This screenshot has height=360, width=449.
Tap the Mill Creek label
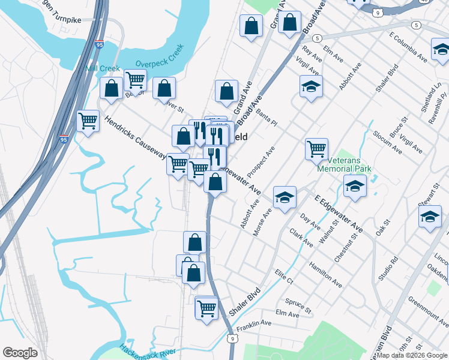pos(103,69)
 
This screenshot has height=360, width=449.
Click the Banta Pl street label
pos(267,115)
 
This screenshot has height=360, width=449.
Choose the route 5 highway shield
pos(416,25)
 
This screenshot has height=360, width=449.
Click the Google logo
pos(20,353)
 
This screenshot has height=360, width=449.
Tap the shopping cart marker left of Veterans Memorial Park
pos(316,148)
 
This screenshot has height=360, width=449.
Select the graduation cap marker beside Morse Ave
pos(285,196)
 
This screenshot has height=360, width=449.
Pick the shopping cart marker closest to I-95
pos(88,121)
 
